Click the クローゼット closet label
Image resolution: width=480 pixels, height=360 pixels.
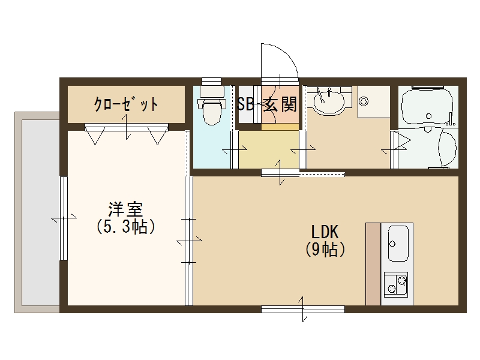tap(126, 104)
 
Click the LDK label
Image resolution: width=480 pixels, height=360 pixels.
tap(325, 232)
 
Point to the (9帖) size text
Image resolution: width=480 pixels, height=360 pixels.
tap(325, 249)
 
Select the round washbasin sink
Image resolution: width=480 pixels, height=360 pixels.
tap(327, 100)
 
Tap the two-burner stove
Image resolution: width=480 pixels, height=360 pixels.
tap(395, 283)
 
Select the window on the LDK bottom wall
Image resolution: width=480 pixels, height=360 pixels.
tap(302, 309)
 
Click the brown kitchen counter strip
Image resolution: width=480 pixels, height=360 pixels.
tap(373, 264)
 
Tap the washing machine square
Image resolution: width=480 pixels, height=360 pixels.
tap(373, 101)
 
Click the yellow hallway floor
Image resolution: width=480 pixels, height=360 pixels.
tap(268, 150)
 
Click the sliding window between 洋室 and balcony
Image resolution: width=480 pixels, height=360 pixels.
tap(63, 217)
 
